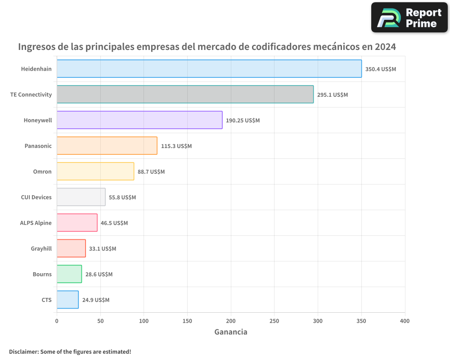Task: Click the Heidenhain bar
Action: coord(209,69)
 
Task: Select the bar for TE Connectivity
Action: coord(185,94)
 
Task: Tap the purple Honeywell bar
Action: coord(139,120)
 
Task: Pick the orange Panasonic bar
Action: coord(107,146)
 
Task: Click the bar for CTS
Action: coord(67,300)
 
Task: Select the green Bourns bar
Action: coord(69,274)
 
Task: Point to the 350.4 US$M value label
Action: coord(381,69)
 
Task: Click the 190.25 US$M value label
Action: coord(243,121)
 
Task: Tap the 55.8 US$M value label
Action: coord(122,198)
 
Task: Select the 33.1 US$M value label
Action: coord(103,249)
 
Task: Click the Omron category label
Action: coord(42,172)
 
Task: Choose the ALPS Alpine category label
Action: coord(36,223)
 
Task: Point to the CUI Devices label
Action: coord(36,198)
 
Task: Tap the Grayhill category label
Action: coord(41,249)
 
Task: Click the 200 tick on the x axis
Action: coord(231,321)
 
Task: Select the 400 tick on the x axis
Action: coord(405,321)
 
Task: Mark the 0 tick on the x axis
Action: coord(57,321)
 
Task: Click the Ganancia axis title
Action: coord(231,333)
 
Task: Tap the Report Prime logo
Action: coord(409,18)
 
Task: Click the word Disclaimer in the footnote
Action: coord(23,352)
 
